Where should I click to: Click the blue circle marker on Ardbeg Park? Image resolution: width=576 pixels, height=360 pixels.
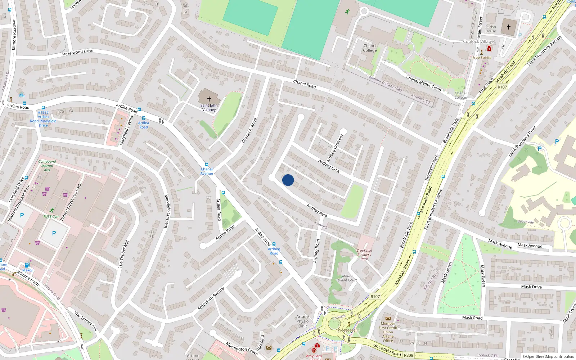(288, 180)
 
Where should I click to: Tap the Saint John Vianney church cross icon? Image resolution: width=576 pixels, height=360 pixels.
(209, 99)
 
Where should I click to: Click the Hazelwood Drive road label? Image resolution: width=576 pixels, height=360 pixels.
(78, 53)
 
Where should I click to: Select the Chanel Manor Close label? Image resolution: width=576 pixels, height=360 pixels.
(423, 83)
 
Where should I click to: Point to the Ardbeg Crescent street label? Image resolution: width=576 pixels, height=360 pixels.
(335, 148)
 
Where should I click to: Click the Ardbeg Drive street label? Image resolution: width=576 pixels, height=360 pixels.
(329, 166)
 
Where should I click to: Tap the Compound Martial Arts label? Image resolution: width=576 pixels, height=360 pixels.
(47, 166)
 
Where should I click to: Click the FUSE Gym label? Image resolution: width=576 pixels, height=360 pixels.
(51, 217)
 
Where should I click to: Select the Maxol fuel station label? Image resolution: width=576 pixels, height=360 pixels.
(27, 270)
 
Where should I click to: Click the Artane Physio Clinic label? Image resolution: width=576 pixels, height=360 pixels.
(302, 321)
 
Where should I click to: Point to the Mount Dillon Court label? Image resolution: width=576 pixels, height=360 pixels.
(347, 278)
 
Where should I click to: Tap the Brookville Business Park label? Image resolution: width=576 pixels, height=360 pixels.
(364, 255)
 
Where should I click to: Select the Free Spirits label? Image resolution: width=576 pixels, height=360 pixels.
(482, 58)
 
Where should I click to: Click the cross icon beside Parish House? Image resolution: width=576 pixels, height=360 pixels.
(509, 27)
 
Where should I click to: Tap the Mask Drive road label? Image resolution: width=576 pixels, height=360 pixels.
(531, 287)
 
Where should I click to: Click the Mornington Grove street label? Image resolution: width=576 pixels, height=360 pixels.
(242, 348)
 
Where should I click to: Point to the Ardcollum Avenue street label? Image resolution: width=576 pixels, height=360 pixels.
(211, 298)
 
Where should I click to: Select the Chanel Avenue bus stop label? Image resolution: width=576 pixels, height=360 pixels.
(207, 171)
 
